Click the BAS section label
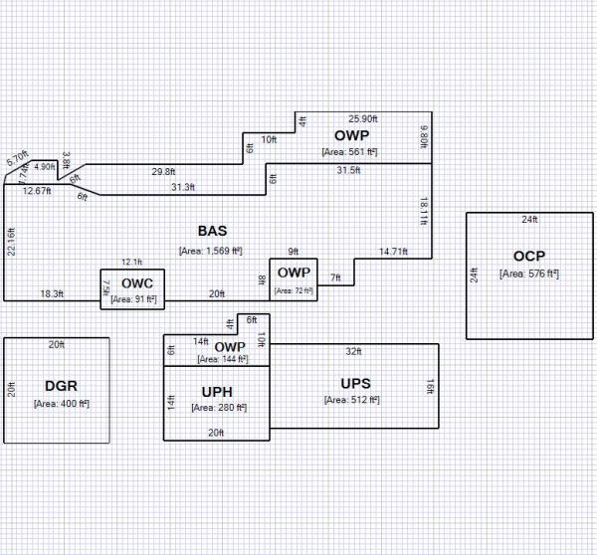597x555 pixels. (x=212, y=230)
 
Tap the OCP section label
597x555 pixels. (x=529, y=256)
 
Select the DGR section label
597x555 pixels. (x=61, y=386)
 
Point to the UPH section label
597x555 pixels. (x=217, y=391)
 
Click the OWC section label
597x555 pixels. (x=137, y=283)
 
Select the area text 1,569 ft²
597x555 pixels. (x=211, y=251)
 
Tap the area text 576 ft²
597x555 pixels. (x=529, y=273)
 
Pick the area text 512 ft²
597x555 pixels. (x=353, y=400)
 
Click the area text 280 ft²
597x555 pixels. (x=218, y=408)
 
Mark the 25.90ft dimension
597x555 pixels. (x=365, y=119)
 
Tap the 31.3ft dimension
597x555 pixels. (x=183, y=187)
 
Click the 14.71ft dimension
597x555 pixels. (x=393, y=251)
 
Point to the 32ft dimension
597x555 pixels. (x=353, y=352)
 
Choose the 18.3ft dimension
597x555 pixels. (x=52, y=293)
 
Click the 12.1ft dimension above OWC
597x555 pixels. (x=132, y=262)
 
